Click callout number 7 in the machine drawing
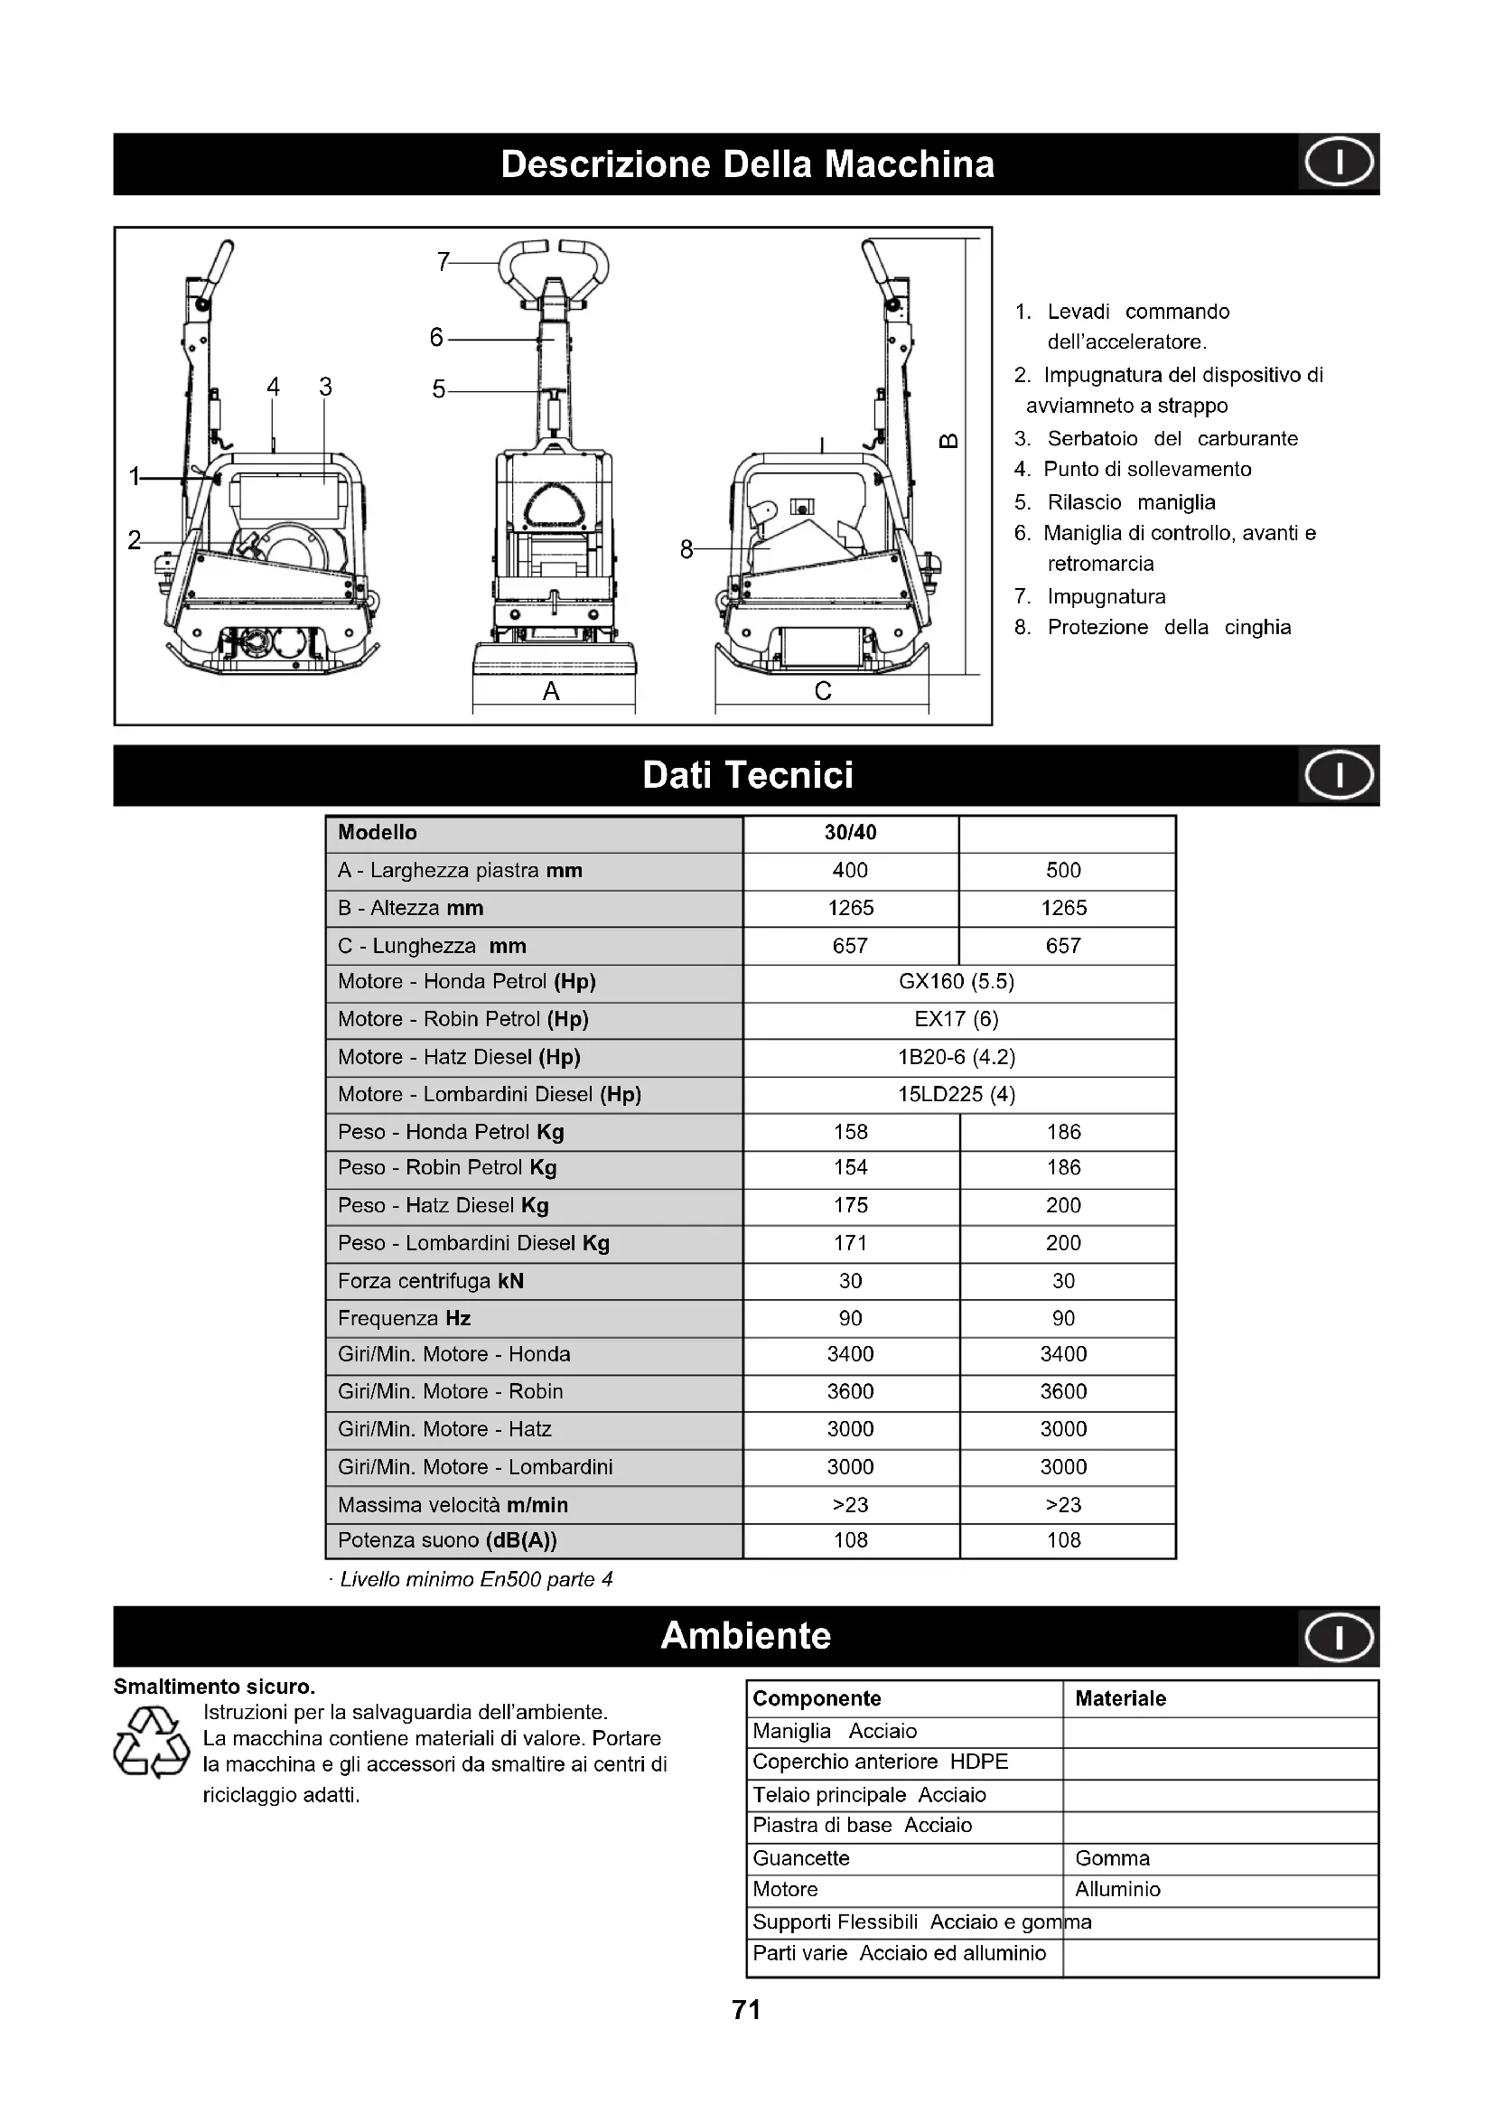(444, 263)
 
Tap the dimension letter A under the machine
(551, 691)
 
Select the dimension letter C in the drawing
(824, 691)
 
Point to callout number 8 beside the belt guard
(686, 549)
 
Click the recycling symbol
(152, 1742)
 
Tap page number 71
(746, 2010)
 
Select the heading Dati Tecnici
(747, 775)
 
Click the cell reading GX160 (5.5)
(957, 982)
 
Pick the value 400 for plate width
(850, 871)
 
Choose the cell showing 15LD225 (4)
(957, 1095)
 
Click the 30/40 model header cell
(850, 833)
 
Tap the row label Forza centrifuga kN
(431, 1281)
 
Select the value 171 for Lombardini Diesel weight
(850, 1243)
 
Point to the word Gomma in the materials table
(1112, 1858)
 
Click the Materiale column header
(1120, 1699)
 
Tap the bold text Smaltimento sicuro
(214, 1687)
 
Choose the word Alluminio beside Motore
(1117, 1889)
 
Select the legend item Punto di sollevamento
(1147, 470)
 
